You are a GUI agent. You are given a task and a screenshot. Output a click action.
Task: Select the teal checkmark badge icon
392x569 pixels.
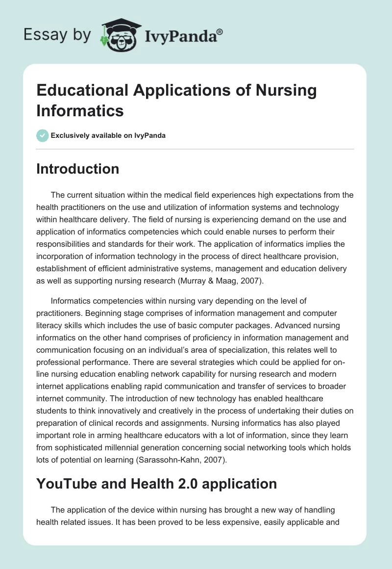[42, 135]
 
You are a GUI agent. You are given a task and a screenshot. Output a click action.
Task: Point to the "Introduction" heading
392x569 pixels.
[78, 169]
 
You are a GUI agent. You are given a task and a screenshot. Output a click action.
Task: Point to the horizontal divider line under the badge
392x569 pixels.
[195, 149]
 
